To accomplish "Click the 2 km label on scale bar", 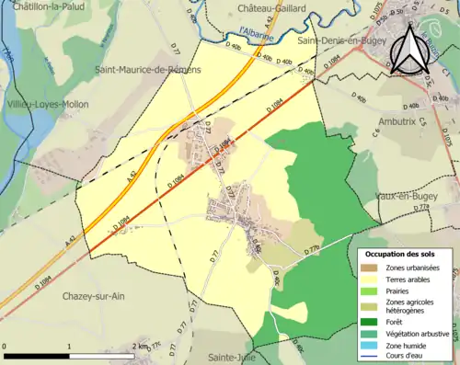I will [x=140, y=344].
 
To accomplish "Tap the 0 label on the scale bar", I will [x=6, y=344].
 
